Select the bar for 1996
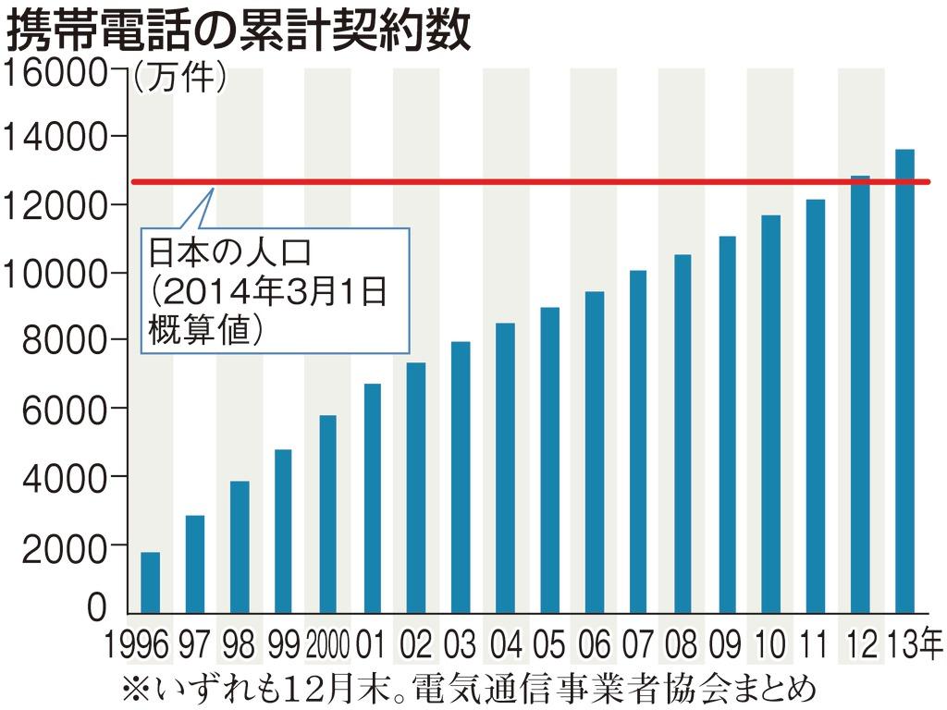coord(150,582)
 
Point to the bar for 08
coord(683,434)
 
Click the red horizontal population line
coord(555,182)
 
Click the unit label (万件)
coord(179,79)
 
